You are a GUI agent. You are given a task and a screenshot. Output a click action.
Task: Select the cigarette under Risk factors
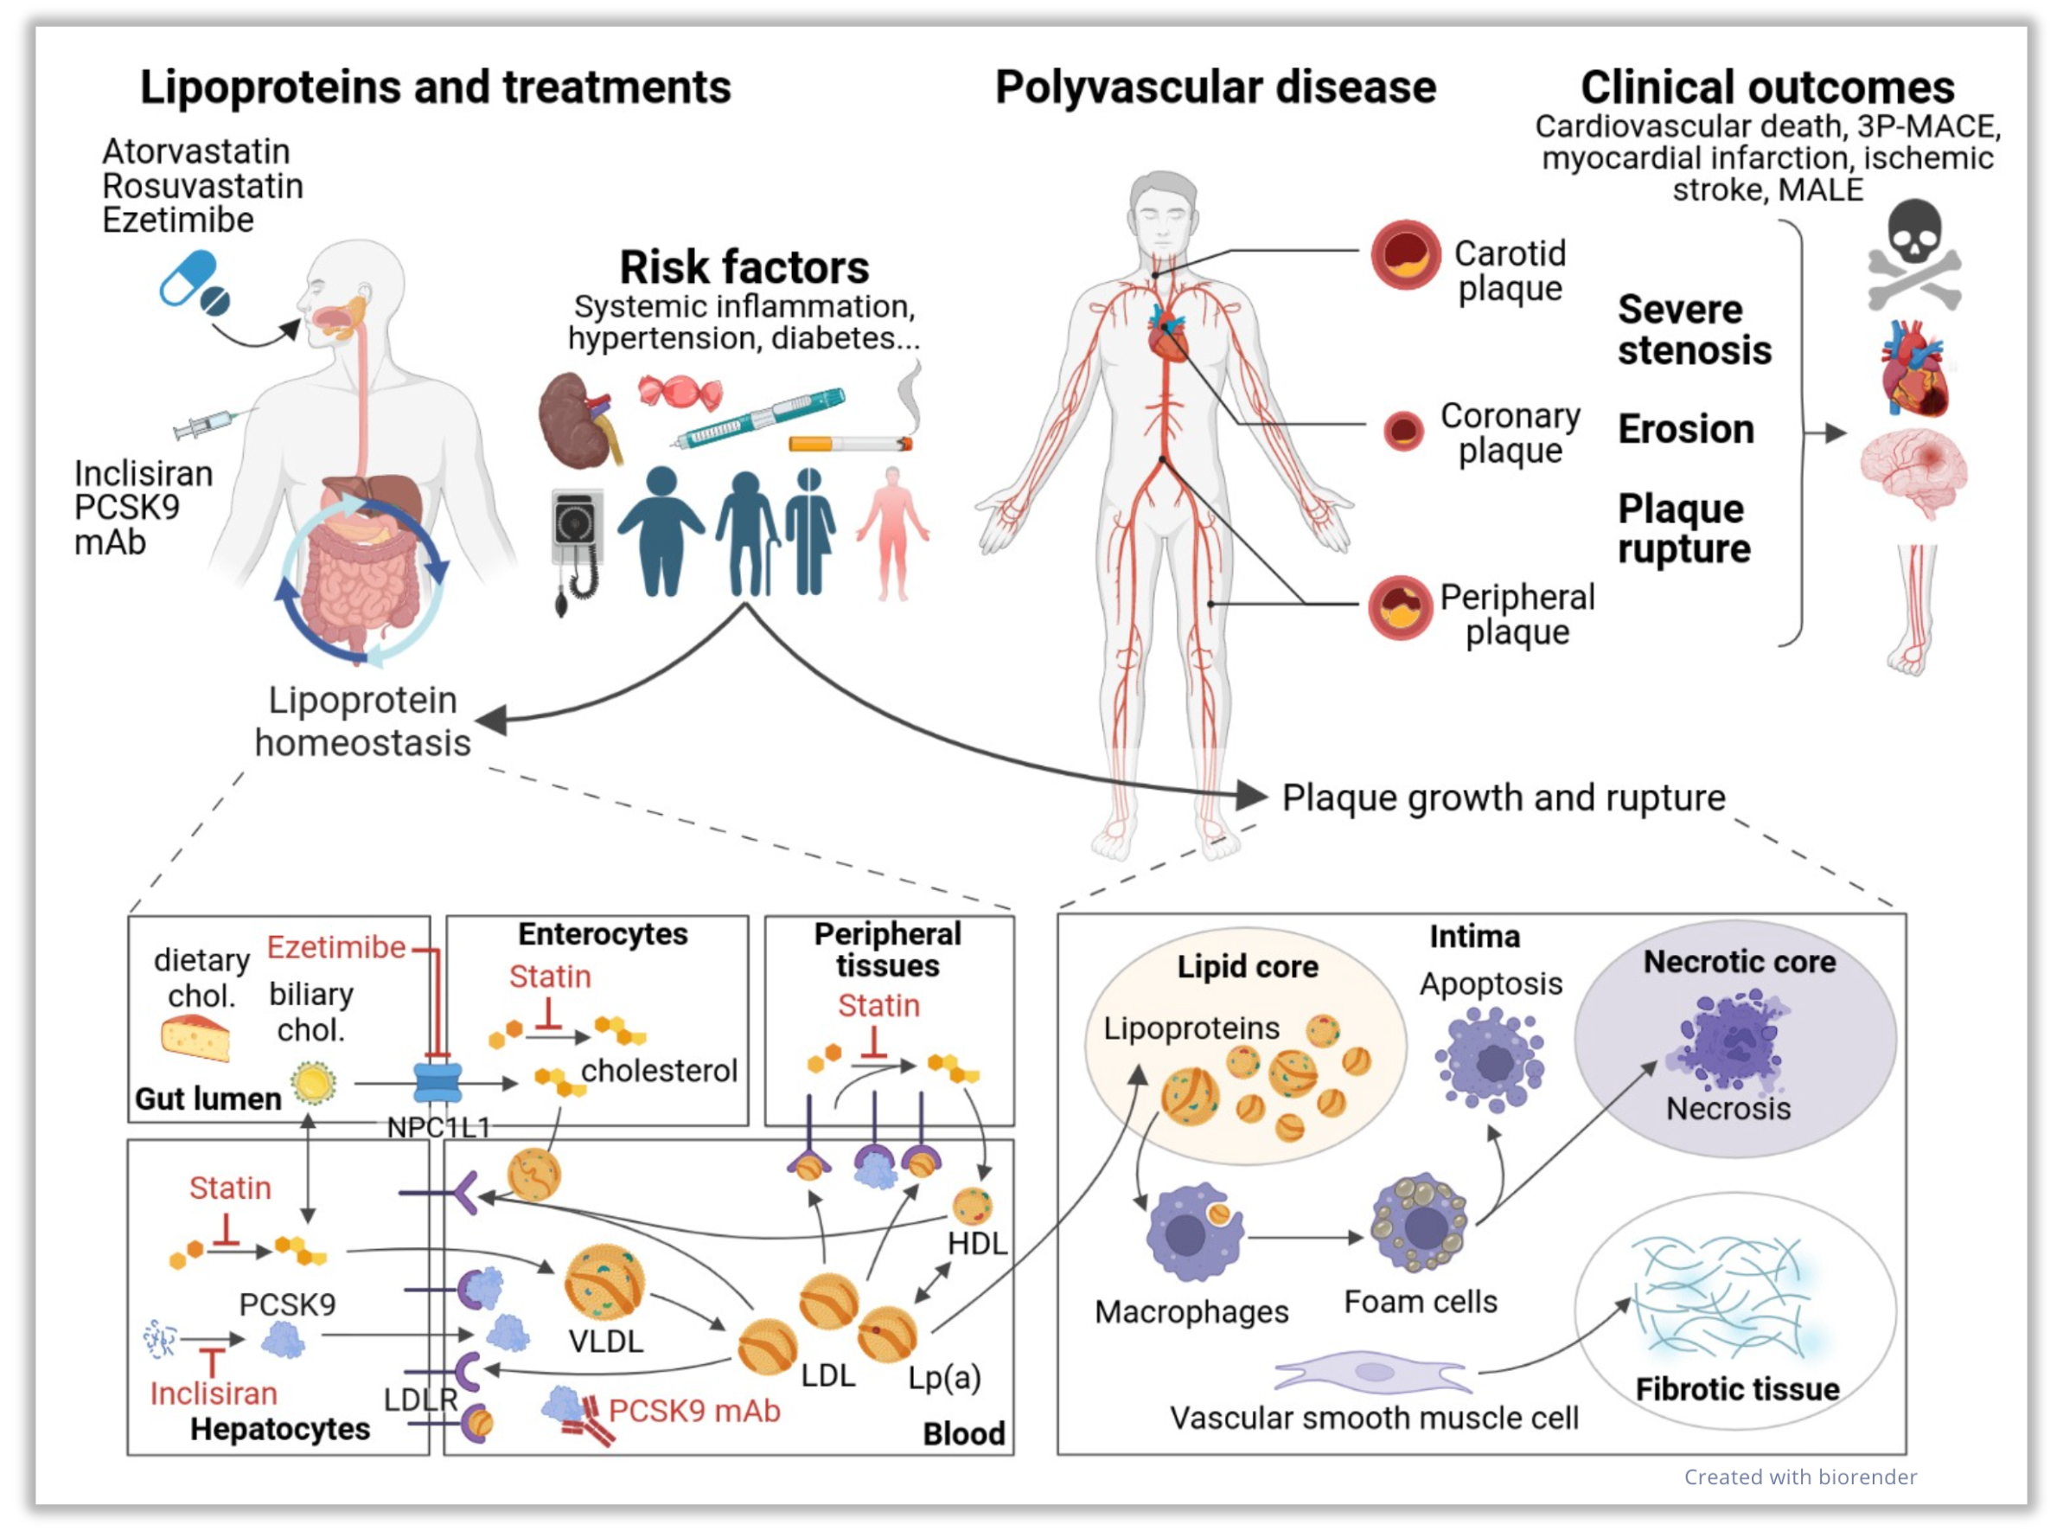849,444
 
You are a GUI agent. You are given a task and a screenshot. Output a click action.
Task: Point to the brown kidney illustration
576,419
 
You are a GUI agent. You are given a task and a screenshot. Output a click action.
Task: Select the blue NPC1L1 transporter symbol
438,1082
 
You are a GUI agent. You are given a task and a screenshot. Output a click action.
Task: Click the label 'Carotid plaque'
1510,270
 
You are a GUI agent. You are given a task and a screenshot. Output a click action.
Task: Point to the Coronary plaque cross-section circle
1403,431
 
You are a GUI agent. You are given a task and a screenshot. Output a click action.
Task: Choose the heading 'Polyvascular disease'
1216,88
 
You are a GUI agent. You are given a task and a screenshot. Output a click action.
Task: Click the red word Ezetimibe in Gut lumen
336,947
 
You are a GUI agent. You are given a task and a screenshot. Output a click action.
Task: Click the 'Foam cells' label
1420,1302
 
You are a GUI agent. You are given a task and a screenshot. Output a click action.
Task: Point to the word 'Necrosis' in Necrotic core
1728,1108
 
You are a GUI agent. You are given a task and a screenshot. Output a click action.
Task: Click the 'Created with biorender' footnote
1800,1477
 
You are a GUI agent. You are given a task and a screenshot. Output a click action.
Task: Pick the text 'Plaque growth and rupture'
1503,797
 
